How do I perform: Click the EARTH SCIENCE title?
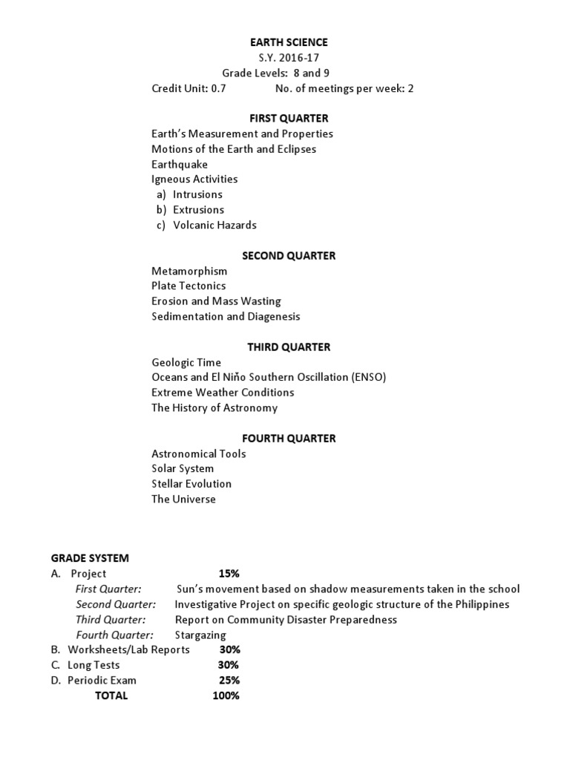(x=289, y=42)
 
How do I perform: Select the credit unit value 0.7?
(x=218, y=88)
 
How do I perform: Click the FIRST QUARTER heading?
(x=289, y=118)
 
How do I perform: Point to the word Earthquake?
(x=180, y=164)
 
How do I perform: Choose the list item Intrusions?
(x=197, y=194)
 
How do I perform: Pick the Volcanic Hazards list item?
(x=214, y=225)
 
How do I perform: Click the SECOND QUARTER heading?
(x=289, y=255)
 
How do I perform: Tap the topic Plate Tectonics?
(x=189, y=286)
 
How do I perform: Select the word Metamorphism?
(x=189, y=271)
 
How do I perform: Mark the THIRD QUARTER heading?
(x=289, y=347)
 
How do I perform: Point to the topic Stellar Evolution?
(x=191, y=484)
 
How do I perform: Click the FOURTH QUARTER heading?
(x=289, y=438)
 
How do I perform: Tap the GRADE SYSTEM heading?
(x=90, y=558)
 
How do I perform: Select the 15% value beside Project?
(x=229, y=574)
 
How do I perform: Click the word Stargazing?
(x=200, y=635)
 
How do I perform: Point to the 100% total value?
(x=226, y=695)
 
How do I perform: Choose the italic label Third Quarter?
(x=111, y=620)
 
